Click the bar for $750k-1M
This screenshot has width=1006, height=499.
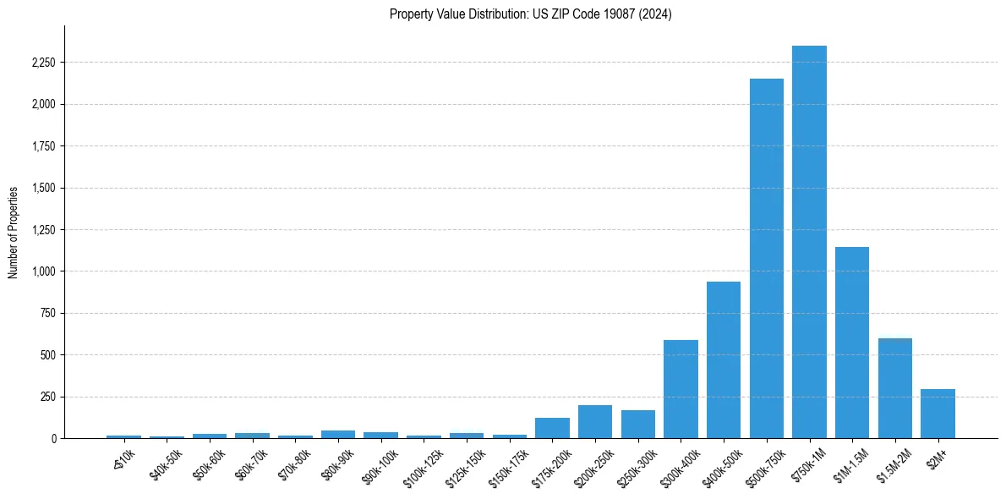click(x=809, y=242)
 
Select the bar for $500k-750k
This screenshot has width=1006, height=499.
click(x=766, y=259)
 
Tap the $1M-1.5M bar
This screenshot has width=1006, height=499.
click(x=852, y=343)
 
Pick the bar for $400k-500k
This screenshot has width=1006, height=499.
click(x=724, y=360)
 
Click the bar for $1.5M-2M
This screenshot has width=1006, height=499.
click(x=895, y=388)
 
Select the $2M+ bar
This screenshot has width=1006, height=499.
click(x=938, y=414)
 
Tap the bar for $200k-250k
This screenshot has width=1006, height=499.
click(x=595, y=422)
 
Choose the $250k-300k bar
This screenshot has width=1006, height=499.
click(x=638, y=425)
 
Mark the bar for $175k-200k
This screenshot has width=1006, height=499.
click(x=552, y=428)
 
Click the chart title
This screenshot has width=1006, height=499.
click(x=530, y=14)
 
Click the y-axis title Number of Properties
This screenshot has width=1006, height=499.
click(x=14, y=233)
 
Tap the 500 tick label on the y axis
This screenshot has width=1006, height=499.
click(x=47, y=355)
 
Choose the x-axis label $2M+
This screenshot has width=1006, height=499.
click(x=937, y=458)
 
